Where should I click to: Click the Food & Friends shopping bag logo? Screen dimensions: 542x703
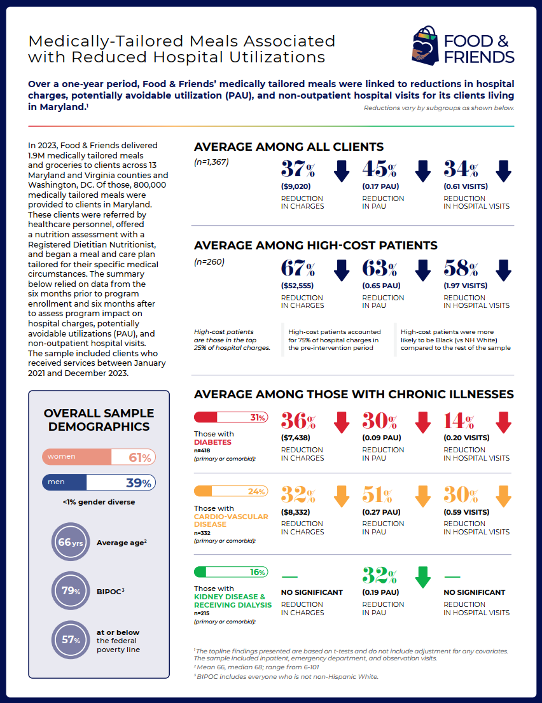(x=425, y=45)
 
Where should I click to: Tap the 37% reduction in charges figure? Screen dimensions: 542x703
(x=298, y=169)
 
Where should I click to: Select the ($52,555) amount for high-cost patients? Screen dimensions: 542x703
(x=297, y=286)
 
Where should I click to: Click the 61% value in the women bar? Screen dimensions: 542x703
(x=140, y=457)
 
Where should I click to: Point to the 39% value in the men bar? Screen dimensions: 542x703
(x=139, y=483)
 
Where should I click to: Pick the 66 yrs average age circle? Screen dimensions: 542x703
(x=71, y=542)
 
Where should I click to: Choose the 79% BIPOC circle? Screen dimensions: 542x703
(x=71, y=591)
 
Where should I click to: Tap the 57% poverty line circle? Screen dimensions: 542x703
(x=71, y=640)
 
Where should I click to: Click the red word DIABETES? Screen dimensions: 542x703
(x=212, y=442)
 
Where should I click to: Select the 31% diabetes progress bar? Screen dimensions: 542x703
(x=231, y=417)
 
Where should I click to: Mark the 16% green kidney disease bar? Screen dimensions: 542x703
(x=231, y=572)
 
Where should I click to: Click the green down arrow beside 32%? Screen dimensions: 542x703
(x=423, y=576)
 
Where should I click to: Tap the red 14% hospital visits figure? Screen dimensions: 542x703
(x=459, y=421)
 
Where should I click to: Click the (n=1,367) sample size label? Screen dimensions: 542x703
(x=211, y=162)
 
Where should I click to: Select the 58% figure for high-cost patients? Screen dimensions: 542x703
(x=461, y=268)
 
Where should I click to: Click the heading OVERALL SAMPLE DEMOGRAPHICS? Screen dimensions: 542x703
(x=99, y=420)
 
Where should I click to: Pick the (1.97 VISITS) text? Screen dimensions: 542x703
(x=465, y=286)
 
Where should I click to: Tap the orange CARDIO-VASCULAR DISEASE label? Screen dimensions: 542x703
(x=231, y=520)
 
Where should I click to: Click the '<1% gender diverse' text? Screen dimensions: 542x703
(x=99, y=502)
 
